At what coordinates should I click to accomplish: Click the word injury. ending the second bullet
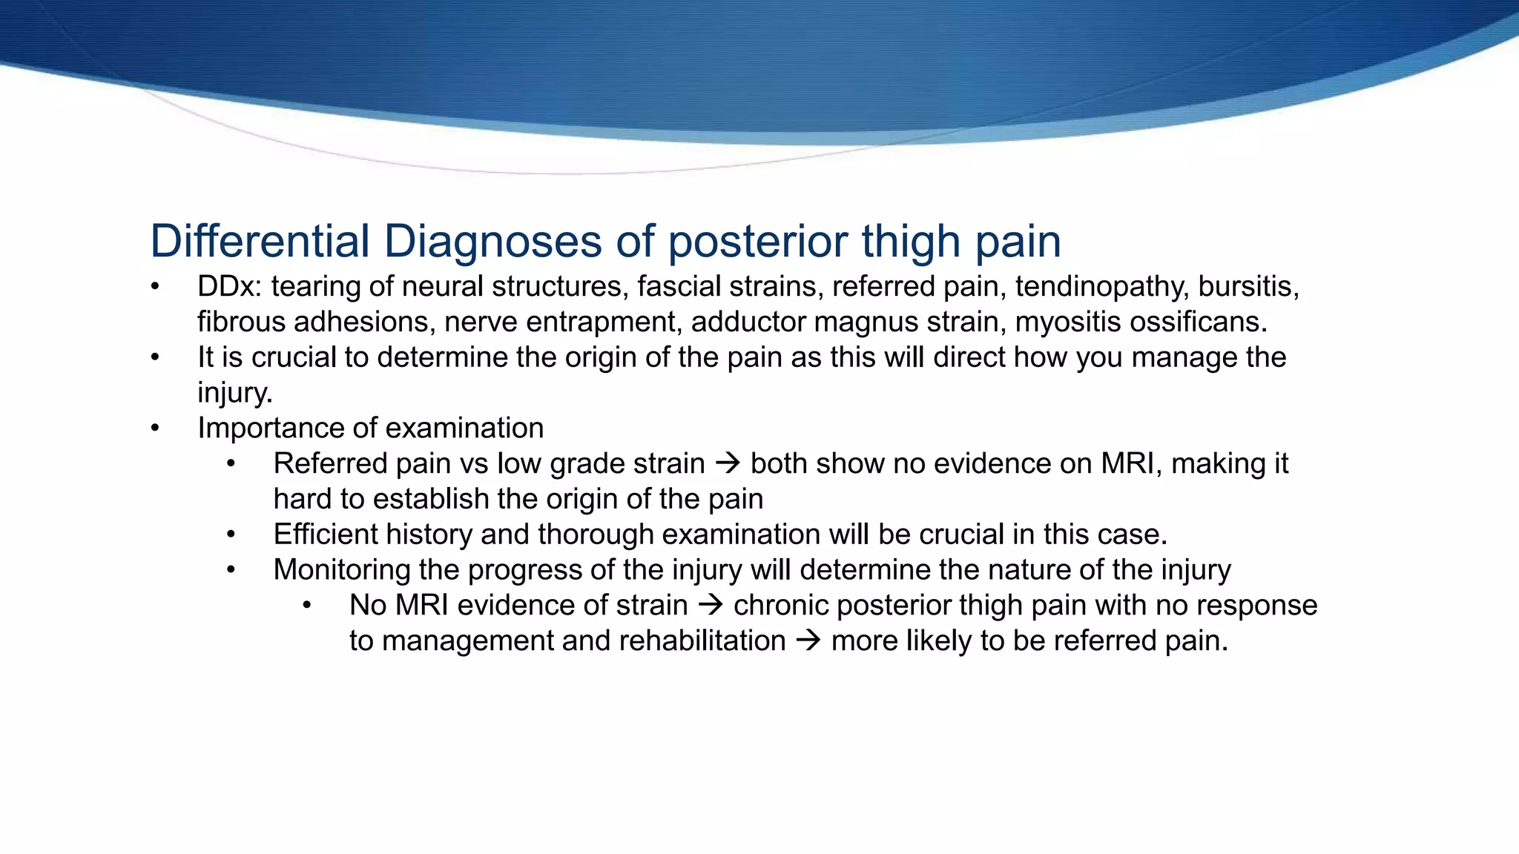pyautogui.click(x=234, y=393)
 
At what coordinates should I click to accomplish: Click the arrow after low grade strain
pyautogui.click(x=728, y=464)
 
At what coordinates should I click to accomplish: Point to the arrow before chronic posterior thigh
pyautogui.click(x=711, y=606)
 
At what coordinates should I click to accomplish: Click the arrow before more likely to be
pyautogui.click(x=808, y=641)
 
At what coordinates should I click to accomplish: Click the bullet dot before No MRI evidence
pyautogui.click(x=307, y=606)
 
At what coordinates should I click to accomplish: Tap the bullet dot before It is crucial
pyautogui.click(x=155, y=358)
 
